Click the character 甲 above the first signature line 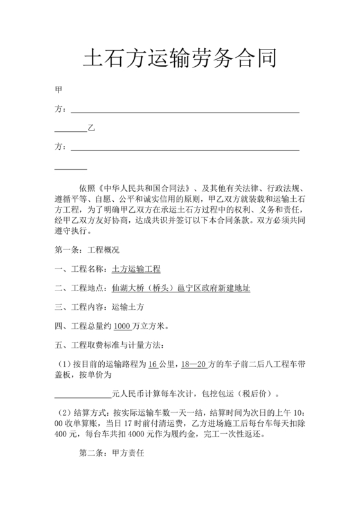(x=59, y=91)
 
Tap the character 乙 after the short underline (x=91, y=129)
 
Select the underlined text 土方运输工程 (x=136, y=269)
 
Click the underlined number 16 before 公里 (x=153, y=364)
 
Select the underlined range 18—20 (x=195, y=364)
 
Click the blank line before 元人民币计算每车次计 (x=83, y=394)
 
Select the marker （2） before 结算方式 (x=67, y=412)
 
